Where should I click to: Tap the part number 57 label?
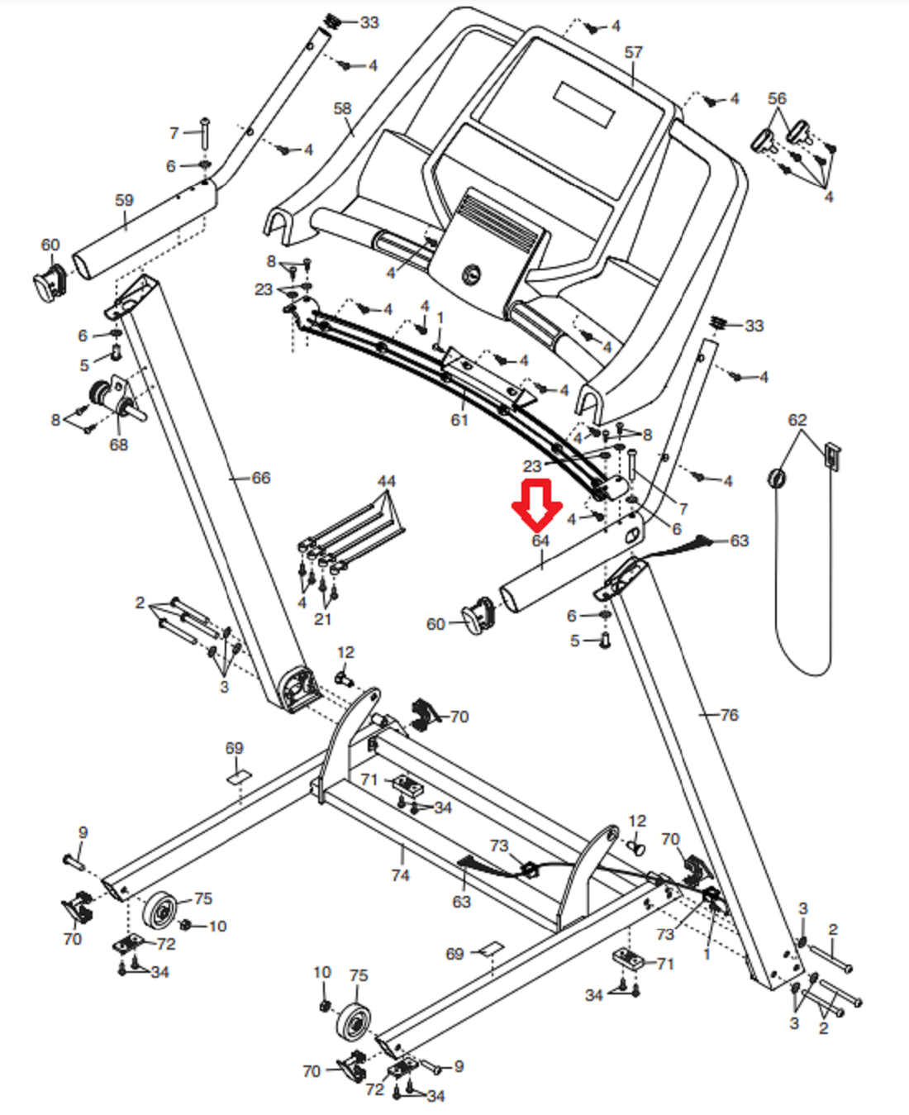(633, 52)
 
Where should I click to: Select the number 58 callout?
(342, 108)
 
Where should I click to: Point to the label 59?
(124, 200)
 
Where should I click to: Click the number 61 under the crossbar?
(459, 420)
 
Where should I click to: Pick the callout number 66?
(261, 478)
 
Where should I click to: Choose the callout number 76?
(729, 715)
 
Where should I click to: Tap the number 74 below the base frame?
(400, 874)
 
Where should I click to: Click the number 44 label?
(386, 481)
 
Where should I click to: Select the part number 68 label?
(119, 445)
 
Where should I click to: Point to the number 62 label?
(797, 420)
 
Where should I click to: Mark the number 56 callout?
(777, 98)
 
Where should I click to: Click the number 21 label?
(323, 618)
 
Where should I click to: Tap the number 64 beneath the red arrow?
(540, 541)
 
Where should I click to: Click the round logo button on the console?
(471, 273)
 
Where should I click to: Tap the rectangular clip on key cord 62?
(831, 456)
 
